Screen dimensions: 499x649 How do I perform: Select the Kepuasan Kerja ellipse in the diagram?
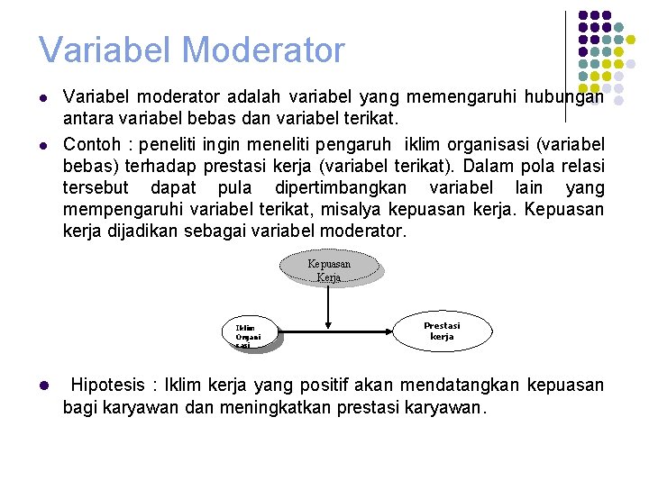(x=330, y=269)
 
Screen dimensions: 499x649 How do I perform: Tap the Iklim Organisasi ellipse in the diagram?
(x=250, y=334)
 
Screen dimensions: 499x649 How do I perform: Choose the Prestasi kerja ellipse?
(x=442, y=331)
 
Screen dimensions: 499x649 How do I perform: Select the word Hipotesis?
(x=107, y=386)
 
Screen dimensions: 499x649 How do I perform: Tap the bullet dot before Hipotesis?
(x=42, y=386)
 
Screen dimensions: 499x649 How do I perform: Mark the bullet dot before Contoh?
(x=42, y=144)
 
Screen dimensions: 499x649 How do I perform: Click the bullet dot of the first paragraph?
(x=42, y=97)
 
